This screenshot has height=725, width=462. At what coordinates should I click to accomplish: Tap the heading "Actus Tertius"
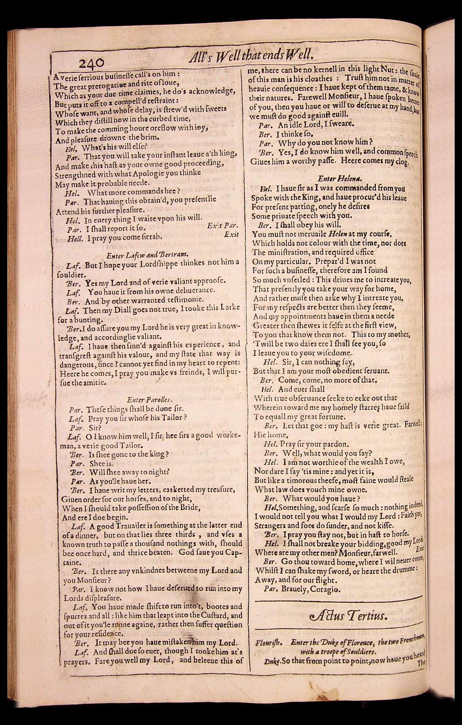[348, 616]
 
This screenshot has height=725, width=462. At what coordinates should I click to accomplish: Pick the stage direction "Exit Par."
[222, 225]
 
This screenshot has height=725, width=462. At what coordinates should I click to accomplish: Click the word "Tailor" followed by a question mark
[172, 417]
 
